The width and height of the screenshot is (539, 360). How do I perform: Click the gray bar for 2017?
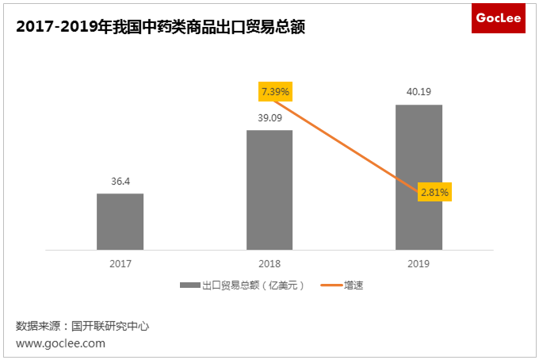[120, 221]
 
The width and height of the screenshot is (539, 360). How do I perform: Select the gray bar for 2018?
[269, 190]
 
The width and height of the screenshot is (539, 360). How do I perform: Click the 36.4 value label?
[120, 182]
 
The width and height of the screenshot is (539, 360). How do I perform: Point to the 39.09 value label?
[269, 117]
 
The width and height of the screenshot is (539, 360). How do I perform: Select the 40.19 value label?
[419, 92]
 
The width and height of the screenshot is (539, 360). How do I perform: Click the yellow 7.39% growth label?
[275, 92]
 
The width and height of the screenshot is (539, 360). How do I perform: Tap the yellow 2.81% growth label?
[434, 192]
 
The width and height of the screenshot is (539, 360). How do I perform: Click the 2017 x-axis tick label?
[120, 263]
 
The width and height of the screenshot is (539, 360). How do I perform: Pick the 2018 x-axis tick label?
[269, 263]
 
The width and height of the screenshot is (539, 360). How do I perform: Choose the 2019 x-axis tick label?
[419, 263]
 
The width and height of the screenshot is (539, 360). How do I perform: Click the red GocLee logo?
[498, 18]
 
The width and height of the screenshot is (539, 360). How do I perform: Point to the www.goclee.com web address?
[60, 343]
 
